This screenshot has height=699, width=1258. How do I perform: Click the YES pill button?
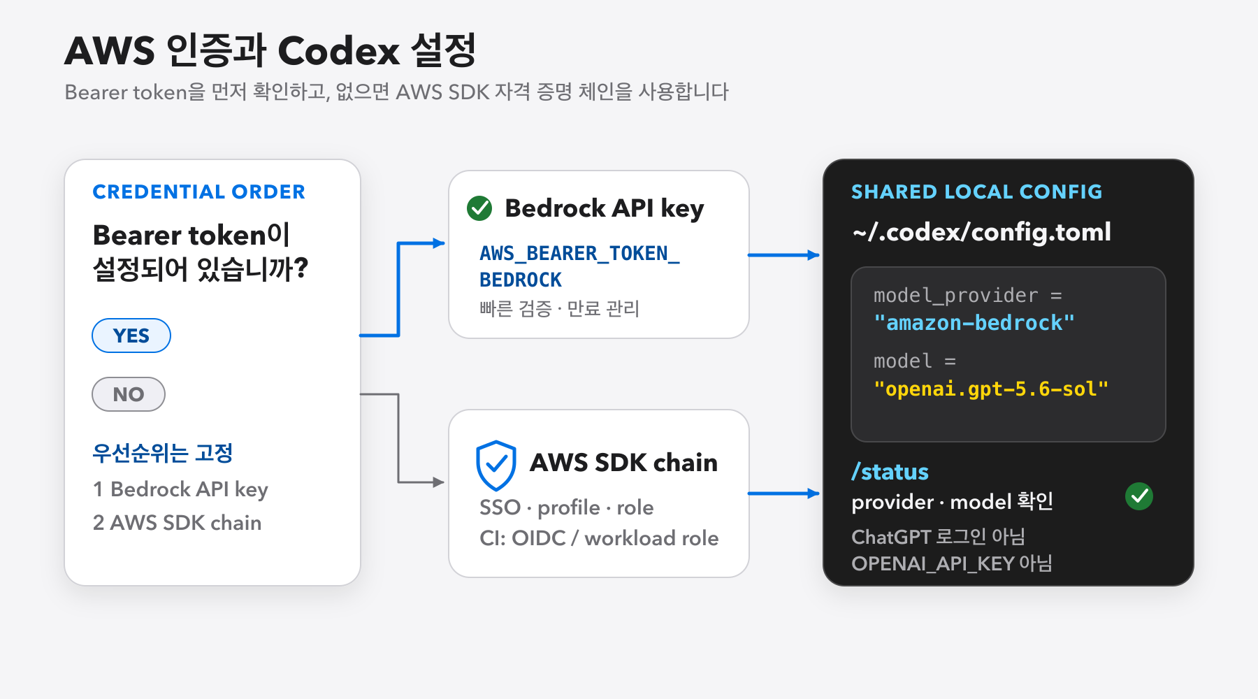(131, 336)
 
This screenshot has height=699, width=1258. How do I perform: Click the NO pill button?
(129, 394)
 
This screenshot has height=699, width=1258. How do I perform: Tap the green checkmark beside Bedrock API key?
(479, 208)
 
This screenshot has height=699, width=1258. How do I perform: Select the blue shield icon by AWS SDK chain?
(496, 465)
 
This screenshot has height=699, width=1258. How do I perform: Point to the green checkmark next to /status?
(1139, 496)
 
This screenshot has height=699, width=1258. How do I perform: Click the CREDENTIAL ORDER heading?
(198, 192)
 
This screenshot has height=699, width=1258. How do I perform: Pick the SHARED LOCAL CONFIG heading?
(976, 192)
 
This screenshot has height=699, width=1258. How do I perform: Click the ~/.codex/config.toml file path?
(981, 232)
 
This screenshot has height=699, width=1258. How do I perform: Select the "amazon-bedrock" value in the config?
(974, 323)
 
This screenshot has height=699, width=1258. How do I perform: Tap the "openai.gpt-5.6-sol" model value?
(991, 389)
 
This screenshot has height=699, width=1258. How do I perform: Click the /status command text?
(890, 472)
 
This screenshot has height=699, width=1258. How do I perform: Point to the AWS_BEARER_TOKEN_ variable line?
(579, 253)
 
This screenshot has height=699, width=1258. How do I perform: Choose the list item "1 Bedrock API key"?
(180, 489)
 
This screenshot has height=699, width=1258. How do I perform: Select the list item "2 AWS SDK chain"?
(177, 523)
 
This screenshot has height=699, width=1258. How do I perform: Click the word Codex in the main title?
(339, 51)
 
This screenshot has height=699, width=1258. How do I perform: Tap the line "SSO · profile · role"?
(566, 507)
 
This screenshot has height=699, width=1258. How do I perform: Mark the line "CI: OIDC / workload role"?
(599, 538)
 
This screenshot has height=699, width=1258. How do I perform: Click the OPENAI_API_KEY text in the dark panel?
(932, 563)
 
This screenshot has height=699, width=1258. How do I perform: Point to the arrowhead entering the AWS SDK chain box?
(439, 482)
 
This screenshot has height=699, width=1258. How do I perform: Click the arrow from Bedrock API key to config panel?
(783, 255)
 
